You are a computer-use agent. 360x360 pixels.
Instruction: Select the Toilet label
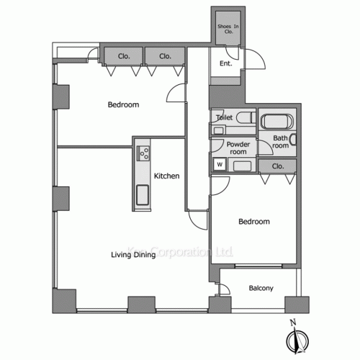click(222, 117)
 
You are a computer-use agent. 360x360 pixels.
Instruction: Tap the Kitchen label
click(166, 176)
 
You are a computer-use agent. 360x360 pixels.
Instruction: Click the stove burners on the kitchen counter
click(143, 153)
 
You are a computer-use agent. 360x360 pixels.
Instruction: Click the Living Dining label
click(133, 254)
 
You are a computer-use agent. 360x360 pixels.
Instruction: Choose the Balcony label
click(261, 289)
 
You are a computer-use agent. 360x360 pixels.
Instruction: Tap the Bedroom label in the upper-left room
click(123, 105)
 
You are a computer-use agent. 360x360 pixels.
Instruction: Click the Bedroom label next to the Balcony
click(254, 222)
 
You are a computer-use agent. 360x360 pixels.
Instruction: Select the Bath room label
click(280, 141)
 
